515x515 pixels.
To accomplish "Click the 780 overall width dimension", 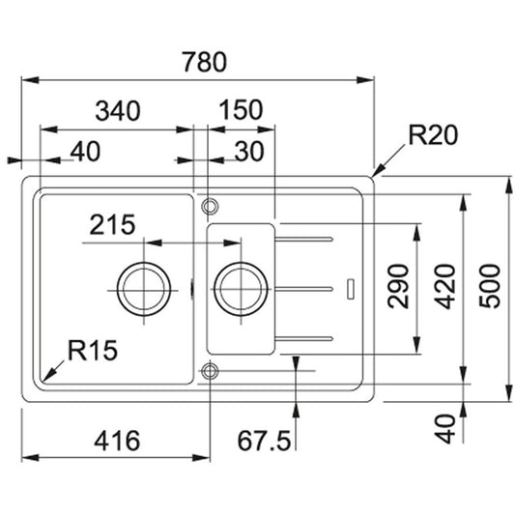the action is coord(205,62).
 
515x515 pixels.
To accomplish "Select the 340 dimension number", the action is coord(118,110).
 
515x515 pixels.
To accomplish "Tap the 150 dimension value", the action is coord(241,110).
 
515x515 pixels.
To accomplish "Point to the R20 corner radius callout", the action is coord(433,135).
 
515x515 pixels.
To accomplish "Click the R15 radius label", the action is coord(93,350).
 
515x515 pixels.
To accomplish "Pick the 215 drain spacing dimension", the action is coord(112,225).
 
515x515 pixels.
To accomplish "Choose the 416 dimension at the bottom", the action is coord(117,441).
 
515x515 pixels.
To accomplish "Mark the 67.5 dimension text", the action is coord(264,441).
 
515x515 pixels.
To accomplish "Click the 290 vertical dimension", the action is coord(398,286).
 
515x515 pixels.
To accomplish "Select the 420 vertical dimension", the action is coord(444,287).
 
